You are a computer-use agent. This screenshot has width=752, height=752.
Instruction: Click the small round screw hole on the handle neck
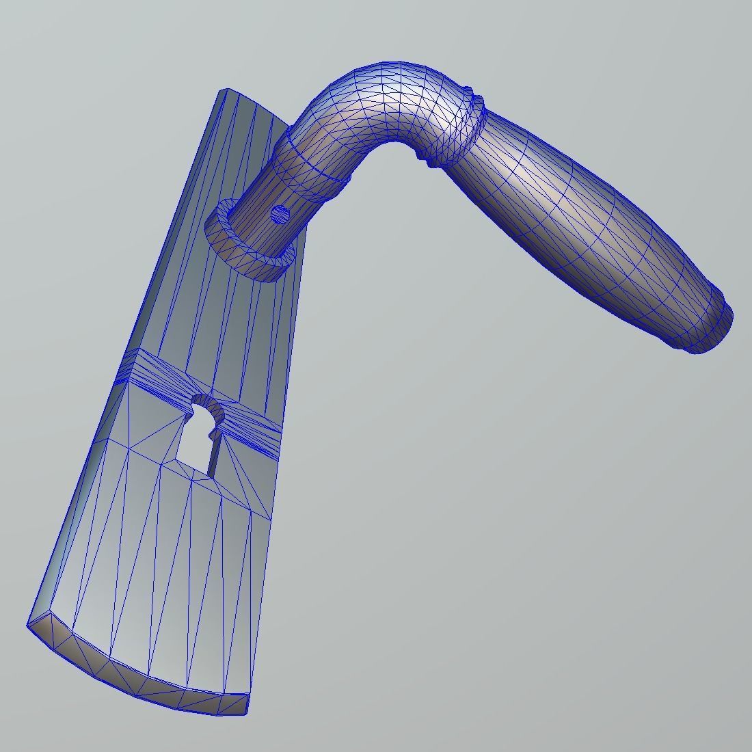(x=280, y=215)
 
